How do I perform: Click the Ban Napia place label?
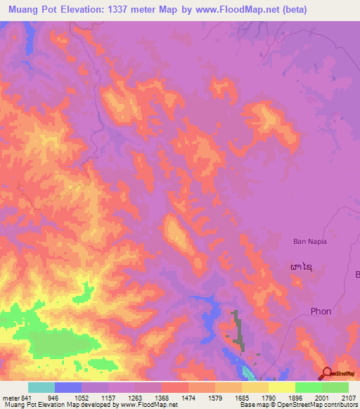click(310, 241)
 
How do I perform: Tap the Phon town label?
click(321, 311)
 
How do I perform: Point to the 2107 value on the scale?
click(349, 397)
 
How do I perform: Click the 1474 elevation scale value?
click(188, 397)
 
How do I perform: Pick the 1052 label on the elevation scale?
click(81, 397)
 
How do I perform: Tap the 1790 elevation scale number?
click(269, 397)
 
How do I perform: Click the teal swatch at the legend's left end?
click(41, 387)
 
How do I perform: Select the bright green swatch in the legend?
click(308, 387)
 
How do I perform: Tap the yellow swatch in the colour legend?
click(281, 387)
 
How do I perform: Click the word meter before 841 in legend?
click(9, 397)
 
